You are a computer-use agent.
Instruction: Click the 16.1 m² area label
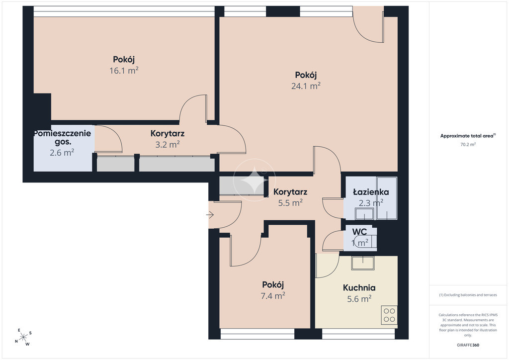(x=124, y=71)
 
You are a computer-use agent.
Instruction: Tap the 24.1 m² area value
(x=306, y=86)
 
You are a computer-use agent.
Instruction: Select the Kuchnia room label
(x=359, y=287)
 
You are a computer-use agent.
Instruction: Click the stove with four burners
(x=389, y=315)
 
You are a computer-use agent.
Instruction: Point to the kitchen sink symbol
(x=362, y=263)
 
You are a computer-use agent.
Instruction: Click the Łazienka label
(x=371, y=192)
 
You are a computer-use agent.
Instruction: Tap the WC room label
(x=360, y=232)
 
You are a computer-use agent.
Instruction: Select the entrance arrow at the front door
(x=210, y=215)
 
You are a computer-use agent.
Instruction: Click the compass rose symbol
(x=23, y=337)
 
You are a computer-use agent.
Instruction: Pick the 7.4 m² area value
(x=273, y=296)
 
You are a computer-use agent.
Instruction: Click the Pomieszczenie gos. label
(x=63, y=137)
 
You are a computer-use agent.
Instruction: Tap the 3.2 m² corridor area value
(x=168, y=145)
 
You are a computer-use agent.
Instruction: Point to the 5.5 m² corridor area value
(x=290, y=203)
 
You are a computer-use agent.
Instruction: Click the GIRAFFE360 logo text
(x=468, y=345)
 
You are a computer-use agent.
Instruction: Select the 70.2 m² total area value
(x=468, y=145)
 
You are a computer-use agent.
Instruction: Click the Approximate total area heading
(x=468, y=136)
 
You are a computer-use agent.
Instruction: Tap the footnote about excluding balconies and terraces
(x=468, y=295)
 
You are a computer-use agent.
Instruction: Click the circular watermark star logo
(x=254, y=180)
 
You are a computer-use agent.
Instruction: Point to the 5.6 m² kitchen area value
(x=359, y=299)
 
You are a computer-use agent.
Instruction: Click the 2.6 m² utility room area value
(x=62, y=153)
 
